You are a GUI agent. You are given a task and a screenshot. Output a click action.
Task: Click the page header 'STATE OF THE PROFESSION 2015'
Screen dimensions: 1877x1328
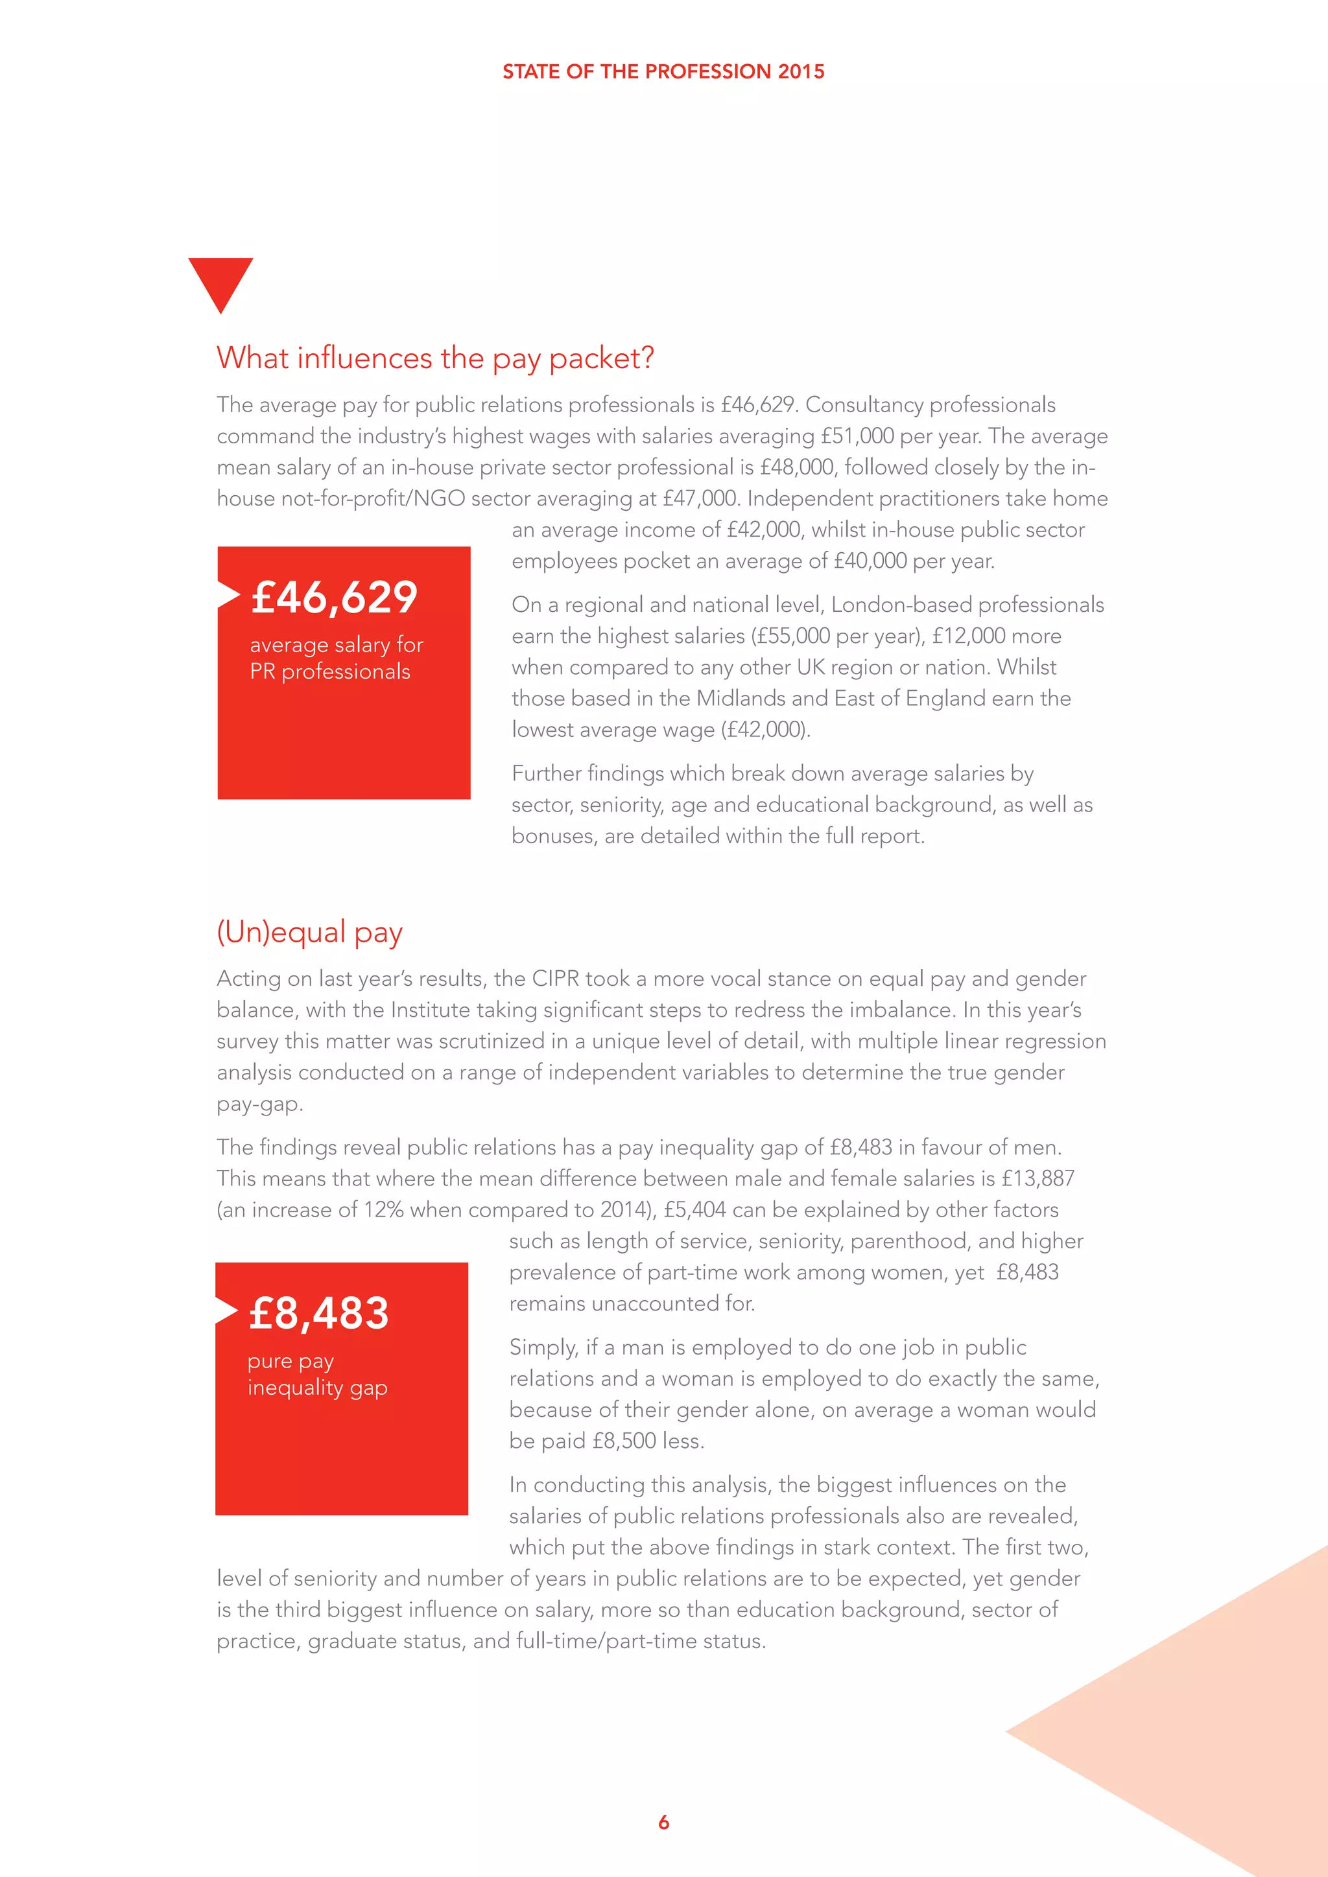pos(663,72)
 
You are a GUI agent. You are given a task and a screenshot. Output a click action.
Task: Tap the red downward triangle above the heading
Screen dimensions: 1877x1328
pos(220,279)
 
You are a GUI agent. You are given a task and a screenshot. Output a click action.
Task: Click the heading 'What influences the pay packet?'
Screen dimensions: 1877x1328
pos(435,358)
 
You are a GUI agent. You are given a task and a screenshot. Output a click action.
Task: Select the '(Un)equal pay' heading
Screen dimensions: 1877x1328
pos(309,932)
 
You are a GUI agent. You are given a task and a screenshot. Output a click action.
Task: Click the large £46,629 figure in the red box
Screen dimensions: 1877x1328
pos(335,597)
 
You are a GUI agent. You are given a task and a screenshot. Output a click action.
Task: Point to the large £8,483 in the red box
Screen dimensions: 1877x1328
pos(319,1313)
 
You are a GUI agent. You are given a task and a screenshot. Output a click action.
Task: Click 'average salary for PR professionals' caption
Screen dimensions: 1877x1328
pos(335,658)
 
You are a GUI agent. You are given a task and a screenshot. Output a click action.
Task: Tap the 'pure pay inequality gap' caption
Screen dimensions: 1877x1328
pos(317,1374)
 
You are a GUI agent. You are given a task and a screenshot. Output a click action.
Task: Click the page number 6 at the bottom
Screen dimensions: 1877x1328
pos(663,1822)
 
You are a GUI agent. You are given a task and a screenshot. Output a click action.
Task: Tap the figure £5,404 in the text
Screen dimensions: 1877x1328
pos(694,1210)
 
